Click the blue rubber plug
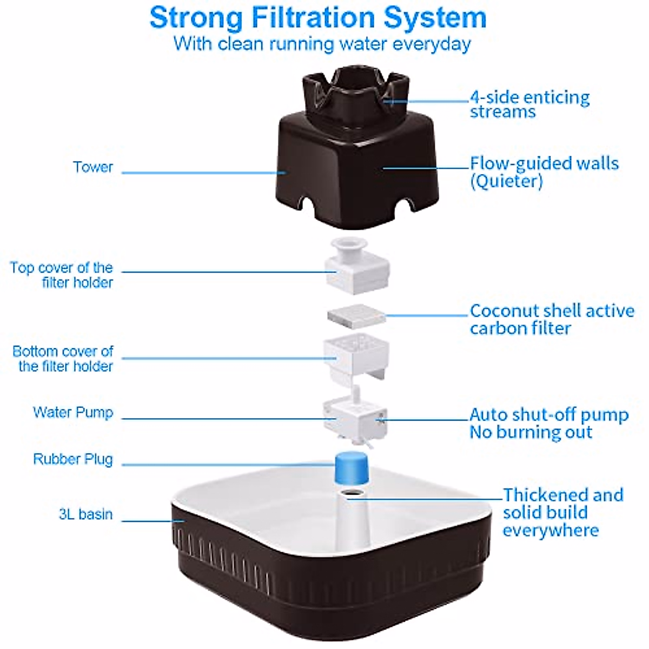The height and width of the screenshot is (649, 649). (x=352, y=468)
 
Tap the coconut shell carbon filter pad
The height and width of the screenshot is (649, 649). (x=356, y=316)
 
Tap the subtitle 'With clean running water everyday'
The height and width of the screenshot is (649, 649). (x=322, y=44)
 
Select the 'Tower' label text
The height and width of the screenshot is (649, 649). (x=93, y=167)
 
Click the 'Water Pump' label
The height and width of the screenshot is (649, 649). (x=73, y=413)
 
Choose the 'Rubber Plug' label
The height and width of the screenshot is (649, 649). (x=73, y=459)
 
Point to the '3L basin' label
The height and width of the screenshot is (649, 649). (x=86, y=514)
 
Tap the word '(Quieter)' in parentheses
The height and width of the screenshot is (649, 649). (x=506, y=181)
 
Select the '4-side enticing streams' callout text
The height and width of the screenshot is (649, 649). (x=529, y=104)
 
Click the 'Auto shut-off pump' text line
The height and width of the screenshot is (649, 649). (x=549, y=415)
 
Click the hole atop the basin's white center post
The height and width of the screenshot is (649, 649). (x=353, y=493)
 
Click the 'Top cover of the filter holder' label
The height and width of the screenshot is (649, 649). (x=62, y=275)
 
